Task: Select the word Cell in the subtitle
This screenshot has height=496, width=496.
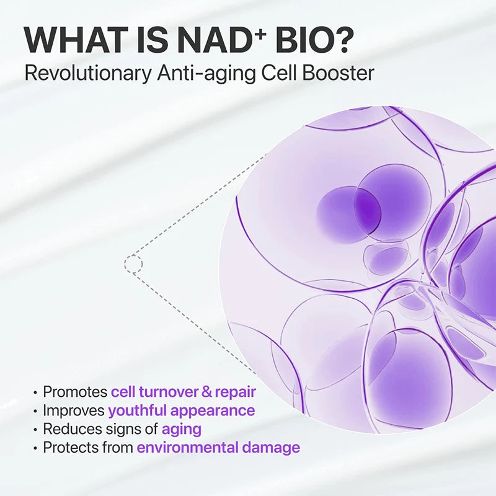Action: [280, 73]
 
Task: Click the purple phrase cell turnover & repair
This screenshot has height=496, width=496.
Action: [184, 392]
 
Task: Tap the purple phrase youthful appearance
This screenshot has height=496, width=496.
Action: [181, 410]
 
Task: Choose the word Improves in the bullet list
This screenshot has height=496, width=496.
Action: [74, 410]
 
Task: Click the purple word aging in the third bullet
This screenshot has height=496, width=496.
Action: [181, 429]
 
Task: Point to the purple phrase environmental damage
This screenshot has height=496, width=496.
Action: [218, 447]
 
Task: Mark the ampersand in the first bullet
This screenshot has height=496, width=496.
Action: [207, 392]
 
